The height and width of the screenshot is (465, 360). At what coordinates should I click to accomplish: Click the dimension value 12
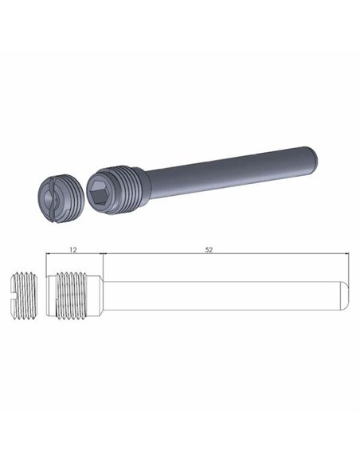click(x=73, y=249)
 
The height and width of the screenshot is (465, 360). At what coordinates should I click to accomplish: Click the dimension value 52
click(x=209, y=249)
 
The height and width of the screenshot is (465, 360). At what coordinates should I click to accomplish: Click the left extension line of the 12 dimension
click(x=45, y=263)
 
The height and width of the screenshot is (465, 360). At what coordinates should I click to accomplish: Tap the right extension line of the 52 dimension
click(x=350, y=263)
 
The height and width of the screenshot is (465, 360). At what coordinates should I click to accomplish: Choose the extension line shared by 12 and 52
click(x=105, y=263)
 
